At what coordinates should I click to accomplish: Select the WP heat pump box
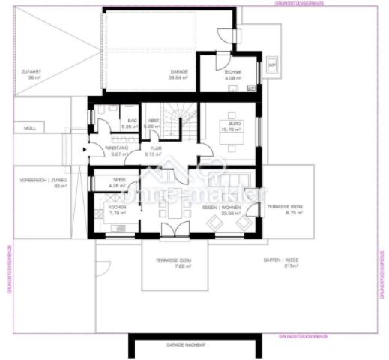[272, 65]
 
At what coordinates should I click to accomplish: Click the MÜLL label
[29, 129]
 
